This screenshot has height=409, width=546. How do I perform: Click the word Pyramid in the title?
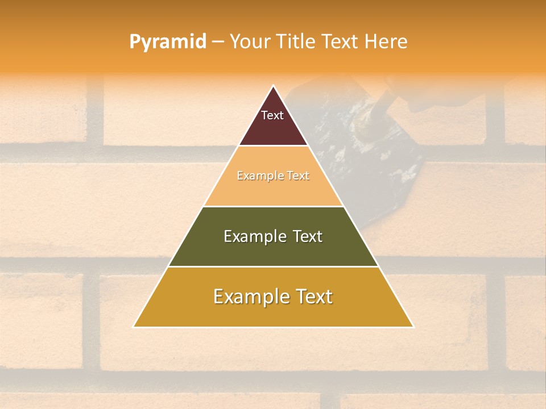tap(168, 42)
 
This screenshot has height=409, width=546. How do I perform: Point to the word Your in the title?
tap(249, 42)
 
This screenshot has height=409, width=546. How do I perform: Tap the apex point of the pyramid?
tap(273, 86)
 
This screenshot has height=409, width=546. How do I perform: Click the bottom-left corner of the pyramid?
tap(134, 327)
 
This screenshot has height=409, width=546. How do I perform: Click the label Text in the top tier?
tap(272, 115)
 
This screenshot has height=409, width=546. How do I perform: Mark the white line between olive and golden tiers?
tap(273, 266)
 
